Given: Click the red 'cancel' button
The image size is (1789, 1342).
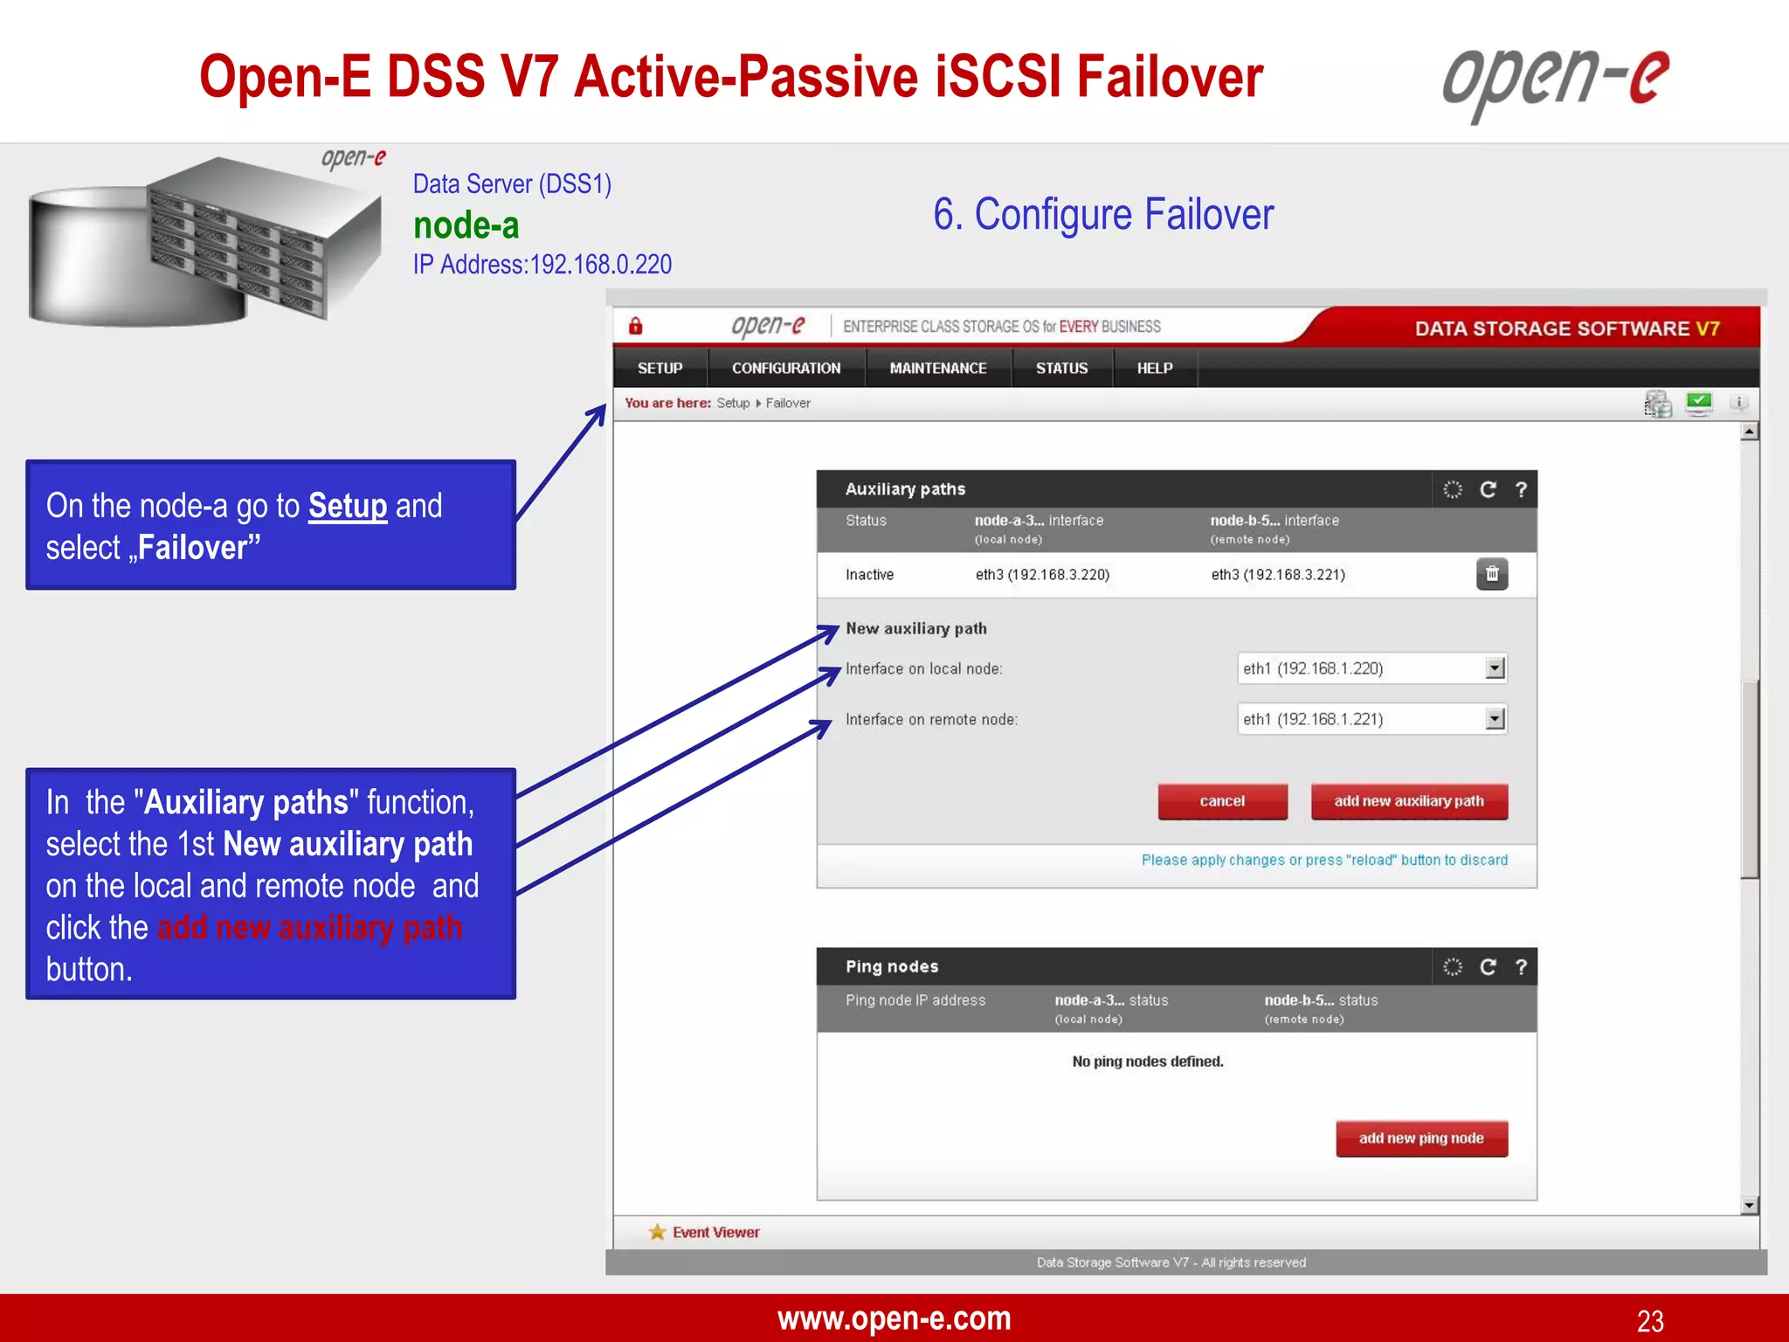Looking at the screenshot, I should pyautogui.click(x=1222, y=801).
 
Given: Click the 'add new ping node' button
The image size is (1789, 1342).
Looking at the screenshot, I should pyautogui.click(x=1421, y=1138).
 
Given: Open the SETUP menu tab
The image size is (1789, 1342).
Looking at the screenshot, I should pyautogui.click(x=660, y=369).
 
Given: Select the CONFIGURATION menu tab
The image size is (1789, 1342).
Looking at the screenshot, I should pyautogui.click(x=786, y=369).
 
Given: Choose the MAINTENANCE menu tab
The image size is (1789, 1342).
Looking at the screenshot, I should pyautogui.click(x=938, y=369).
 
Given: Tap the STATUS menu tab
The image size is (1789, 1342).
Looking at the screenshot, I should pyautogui.click(x=1061, y=369).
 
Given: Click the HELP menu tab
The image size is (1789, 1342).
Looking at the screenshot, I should pyautogui.click(x=1154, y=369).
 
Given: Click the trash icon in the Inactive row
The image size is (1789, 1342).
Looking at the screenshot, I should pyautogui.click(x=1492, y=574).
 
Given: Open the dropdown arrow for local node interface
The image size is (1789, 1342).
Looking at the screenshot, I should pyautogui.click(x=1495, y=668).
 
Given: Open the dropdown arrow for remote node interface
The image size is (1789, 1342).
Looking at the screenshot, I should pyautogui.click(x=1495, y=719).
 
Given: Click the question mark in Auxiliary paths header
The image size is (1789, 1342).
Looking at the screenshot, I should pyautogui.click(x=1521, y=489).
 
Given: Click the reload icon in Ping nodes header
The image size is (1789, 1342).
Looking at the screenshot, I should pyautogui.click(x=1488, y=966).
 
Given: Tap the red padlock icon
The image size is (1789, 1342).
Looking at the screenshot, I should pyautogui.click(x=636, y=326).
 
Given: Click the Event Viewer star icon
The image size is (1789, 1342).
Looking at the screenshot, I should pyautogui.click(x=657, y=1232).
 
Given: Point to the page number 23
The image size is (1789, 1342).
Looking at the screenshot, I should pyautogui.click(x=1649, y=1320).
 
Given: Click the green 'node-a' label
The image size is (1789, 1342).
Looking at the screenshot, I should pyautogui.click(x=466, y=225).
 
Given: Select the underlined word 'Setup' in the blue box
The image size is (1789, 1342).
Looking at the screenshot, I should pyautogui.click(x=347, y=506).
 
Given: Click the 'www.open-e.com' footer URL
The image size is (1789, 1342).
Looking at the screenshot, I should pyautogui.click(x=894, y=1318).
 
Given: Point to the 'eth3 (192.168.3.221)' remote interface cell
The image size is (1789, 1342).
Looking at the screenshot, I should pyautogui.click(x=1277, y=575).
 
